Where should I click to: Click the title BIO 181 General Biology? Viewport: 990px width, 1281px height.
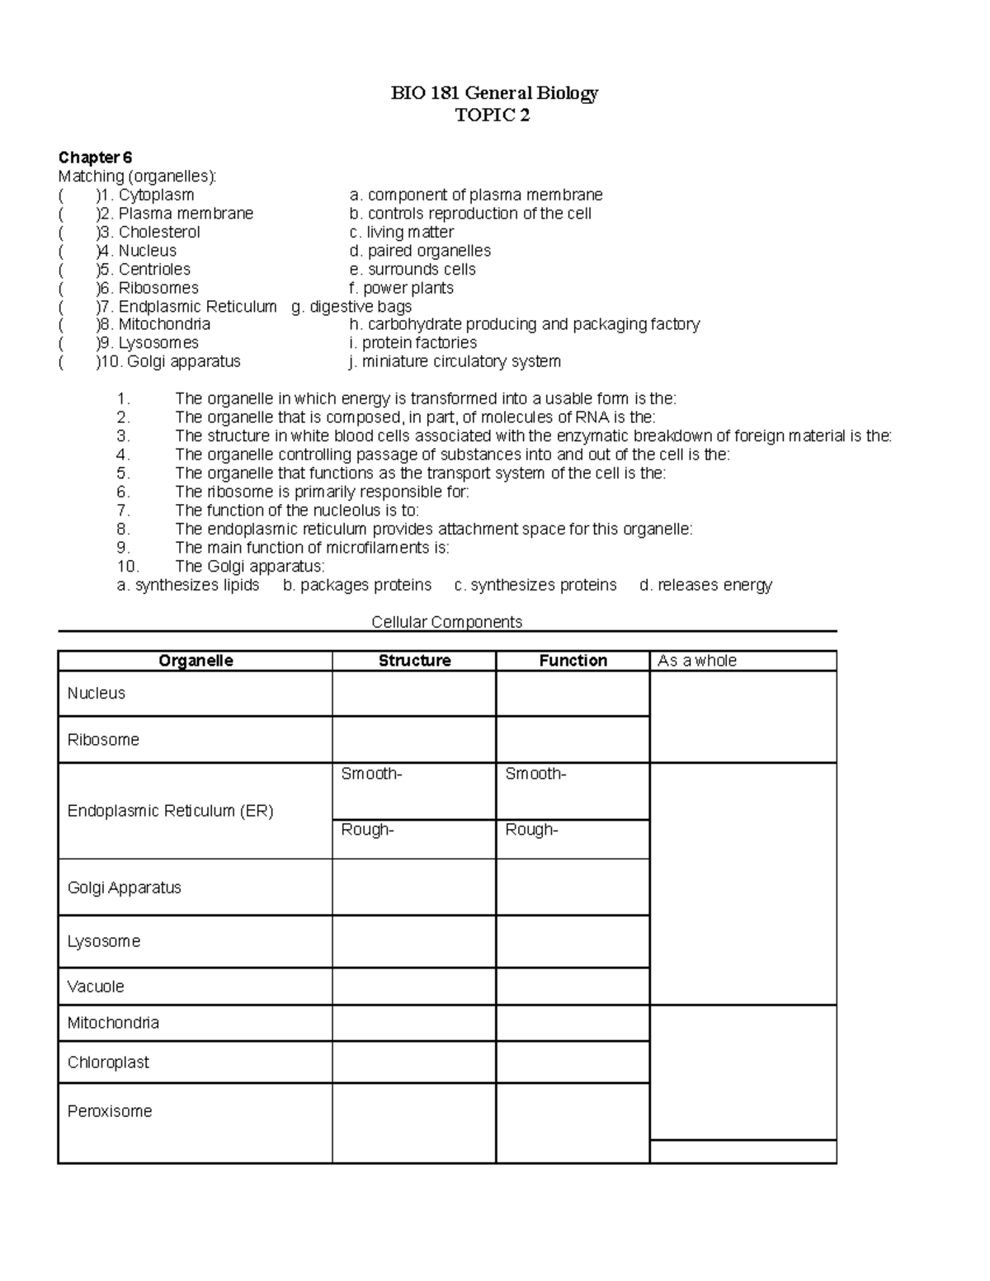pos(494,93)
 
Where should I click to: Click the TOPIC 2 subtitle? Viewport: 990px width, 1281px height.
pos(493,115)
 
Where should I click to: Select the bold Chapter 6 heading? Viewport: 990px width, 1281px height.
pos(95,158)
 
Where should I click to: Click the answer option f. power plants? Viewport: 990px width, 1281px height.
pos(401,288)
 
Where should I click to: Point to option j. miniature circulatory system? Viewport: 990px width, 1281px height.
pos(455,361)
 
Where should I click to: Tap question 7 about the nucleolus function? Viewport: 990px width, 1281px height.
pos(297,511)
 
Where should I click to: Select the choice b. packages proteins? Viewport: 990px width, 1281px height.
pos(356,585)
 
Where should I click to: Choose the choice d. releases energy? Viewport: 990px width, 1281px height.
pos(705,585)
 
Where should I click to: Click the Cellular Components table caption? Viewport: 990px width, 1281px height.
pos(446,622)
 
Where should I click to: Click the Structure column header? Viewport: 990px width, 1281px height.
pos(414,661)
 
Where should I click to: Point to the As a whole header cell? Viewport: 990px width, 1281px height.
pos(697,661)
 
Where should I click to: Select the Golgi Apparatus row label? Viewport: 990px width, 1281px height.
pos(125,888)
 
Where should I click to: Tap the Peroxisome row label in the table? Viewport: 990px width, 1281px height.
pos(110,1111)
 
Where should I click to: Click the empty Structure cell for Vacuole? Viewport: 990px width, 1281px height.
pos(413,987)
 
